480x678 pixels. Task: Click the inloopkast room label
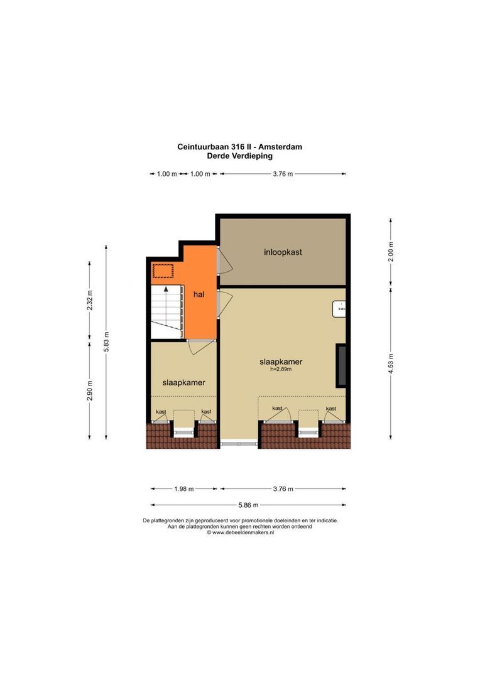[x=283, y=252]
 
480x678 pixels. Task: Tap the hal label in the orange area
[x=199, y=294]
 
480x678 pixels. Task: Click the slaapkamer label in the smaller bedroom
[x=184, y=382]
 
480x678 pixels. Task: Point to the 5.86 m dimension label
[x=248, y=504]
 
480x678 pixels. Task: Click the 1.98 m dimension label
[x=184, y=489]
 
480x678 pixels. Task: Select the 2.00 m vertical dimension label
[x=391, y=252]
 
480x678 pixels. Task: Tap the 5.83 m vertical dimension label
[x=106, y=342]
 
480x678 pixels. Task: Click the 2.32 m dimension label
[x=90, y=302]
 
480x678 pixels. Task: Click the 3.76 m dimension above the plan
[x=282, y=174]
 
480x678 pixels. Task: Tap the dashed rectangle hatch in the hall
[x=163, y=271]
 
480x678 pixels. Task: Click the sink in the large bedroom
[x=341, y=308]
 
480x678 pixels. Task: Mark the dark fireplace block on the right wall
[x=342, y=365]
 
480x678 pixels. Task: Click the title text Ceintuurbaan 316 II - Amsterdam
[x=240, y=147]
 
